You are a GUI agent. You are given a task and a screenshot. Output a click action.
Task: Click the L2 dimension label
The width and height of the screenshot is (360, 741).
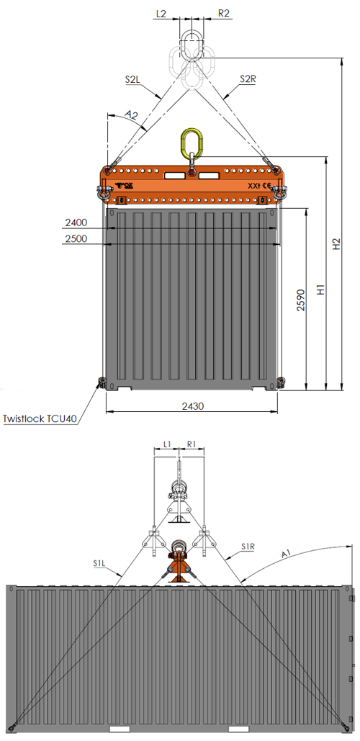[161, 14]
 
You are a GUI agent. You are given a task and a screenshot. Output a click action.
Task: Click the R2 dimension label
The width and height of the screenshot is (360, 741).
[224, 13]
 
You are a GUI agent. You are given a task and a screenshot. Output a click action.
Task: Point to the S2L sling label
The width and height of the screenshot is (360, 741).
[132, 79]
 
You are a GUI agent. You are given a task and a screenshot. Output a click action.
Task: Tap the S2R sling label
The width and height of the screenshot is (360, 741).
[248, 79]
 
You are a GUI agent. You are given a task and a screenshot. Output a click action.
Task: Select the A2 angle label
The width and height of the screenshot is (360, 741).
[131, 114]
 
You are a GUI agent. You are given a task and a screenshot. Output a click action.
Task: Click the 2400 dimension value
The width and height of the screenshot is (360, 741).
[76, 222]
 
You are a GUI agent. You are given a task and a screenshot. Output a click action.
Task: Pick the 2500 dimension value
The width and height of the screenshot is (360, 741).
[76, 238]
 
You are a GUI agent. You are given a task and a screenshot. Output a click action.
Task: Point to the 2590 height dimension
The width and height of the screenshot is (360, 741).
[301, 300]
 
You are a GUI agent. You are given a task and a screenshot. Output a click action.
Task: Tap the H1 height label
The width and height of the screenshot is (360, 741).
[321, 289]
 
